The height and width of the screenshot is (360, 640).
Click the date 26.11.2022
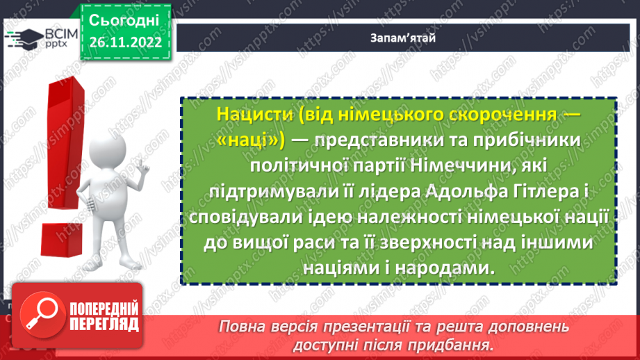coord(124,42)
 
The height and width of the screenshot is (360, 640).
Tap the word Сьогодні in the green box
coord(124,19)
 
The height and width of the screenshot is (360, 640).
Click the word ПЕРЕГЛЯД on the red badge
coord(104,325)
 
